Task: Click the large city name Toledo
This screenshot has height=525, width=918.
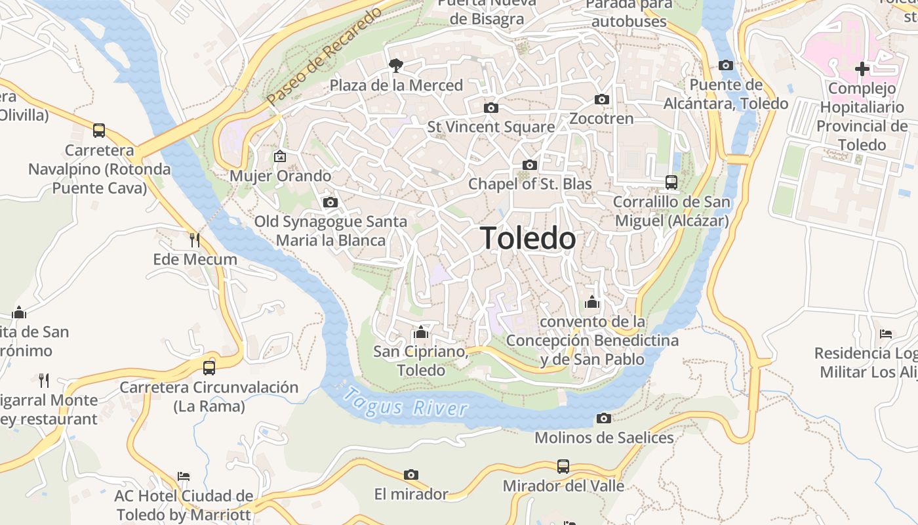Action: pos(529,238)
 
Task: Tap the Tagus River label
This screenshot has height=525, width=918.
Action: pos(407,402)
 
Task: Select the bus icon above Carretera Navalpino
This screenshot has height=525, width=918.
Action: pos(99,130)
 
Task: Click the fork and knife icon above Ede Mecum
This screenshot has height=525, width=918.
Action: pos(194,240)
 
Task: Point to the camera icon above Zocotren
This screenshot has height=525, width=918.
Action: pos(601,100)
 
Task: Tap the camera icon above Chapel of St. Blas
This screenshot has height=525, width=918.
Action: pos(529,165)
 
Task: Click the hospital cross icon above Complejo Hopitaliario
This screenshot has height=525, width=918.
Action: pos(862,68)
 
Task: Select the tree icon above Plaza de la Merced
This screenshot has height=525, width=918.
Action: pos(395,65)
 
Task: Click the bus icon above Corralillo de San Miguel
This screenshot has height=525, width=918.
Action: pos(671,182)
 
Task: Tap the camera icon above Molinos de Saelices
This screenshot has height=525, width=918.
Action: pos(603,418)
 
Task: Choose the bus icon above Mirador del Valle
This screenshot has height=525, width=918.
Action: pos(563,467)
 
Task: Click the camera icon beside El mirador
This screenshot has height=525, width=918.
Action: pos(411,474)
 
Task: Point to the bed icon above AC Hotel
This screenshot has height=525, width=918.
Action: pos(184,476)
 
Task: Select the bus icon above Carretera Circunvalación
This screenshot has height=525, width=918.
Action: pos(209,367)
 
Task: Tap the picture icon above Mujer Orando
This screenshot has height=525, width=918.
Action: pos(280,156)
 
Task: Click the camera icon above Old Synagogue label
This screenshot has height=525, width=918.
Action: pos(330,202)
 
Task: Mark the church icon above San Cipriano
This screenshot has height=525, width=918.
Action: pos(421,332)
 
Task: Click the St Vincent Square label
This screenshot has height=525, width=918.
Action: pos(491,127)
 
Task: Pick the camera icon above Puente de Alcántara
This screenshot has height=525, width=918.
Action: pos(725,65)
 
